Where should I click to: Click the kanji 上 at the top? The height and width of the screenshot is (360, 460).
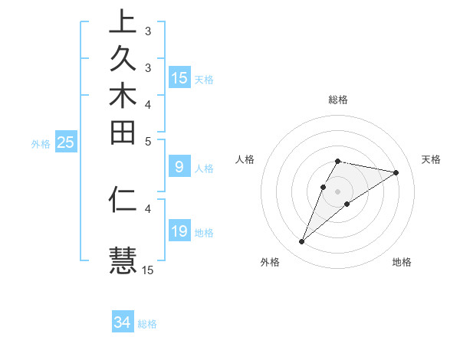[123, 21]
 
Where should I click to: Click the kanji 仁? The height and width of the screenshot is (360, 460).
[123, 200]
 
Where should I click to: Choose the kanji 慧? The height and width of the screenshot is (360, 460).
[123, 259]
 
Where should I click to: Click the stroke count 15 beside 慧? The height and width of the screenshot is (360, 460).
[148, 270]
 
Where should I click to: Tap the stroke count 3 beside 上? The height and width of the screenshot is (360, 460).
[148, 31]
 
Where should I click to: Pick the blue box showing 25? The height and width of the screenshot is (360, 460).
[66, 142]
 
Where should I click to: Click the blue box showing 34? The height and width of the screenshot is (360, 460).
[123, 323]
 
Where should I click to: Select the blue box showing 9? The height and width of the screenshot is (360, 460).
[179, 168]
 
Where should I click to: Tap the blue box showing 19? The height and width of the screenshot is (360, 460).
[179, 232]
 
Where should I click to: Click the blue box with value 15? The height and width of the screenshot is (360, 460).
[179, 78]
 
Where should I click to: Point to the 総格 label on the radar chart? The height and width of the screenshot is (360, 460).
[338, 100]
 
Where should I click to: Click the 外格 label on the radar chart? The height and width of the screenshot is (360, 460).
[270, 262]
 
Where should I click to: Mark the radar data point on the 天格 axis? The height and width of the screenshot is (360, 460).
[396, 172]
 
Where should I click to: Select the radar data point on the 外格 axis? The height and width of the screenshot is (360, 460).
[302, 242]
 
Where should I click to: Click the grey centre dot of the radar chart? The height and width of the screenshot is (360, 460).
[338, 191]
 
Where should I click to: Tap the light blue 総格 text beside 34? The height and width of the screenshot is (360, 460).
[147, 324]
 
